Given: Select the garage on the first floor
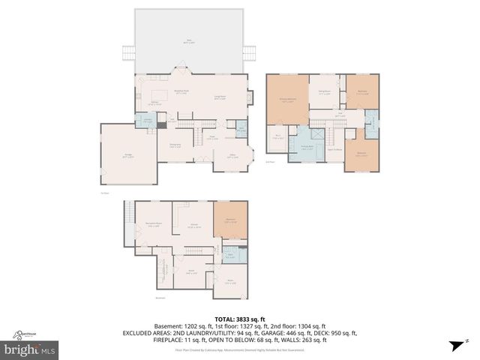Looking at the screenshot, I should click(128, 155).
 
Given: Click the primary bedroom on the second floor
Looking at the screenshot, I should click(287, 100).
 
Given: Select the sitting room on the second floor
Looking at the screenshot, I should click(325, 93).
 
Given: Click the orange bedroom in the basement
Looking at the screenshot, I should click(230, 220).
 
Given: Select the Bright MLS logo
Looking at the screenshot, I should click(30, 349).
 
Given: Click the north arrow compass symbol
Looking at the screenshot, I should click(454, 345).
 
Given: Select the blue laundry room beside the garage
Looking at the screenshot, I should click(148, 122).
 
